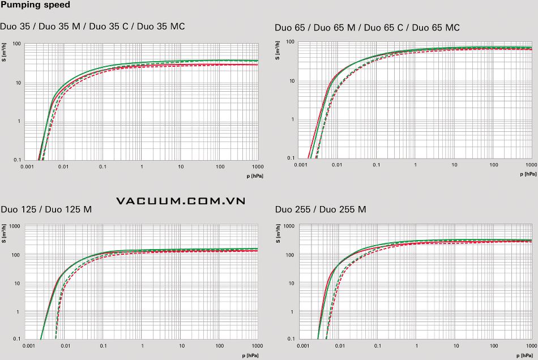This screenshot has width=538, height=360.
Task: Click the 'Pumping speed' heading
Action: tap(36, 5)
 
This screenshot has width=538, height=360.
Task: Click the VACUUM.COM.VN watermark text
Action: tap(180, 201)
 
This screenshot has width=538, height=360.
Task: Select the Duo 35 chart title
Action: tap(92, 26)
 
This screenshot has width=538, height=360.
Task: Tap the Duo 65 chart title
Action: tap(367, 28)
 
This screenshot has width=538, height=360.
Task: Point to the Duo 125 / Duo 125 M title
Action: tap(46, 209)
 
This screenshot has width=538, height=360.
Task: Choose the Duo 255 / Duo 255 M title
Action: tap(321, 209)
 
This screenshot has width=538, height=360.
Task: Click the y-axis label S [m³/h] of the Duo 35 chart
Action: tap(4, 53)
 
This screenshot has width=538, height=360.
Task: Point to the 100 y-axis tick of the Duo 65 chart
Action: tap(290, 42)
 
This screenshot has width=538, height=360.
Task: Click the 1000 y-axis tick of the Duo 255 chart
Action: tap(289, 226)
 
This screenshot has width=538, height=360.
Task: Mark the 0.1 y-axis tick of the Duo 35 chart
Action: tap(17, 160)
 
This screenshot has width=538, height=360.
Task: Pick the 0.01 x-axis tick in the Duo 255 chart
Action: tap(338, 346)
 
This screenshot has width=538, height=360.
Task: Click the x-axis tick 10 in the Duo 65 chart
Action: tap(454, 165)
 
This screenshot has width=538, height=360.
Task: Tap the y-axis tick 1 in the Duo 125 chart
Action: tap(19, 312)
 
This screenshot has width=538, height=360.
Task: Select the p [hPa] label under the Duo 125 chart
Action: tap(255, 355)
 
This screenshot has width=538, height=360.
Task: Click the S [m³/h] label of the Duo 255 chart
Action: tap(278, 233)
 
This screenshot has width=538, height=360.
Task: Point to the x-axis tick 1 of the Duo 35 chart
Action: tap(142, 168)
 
